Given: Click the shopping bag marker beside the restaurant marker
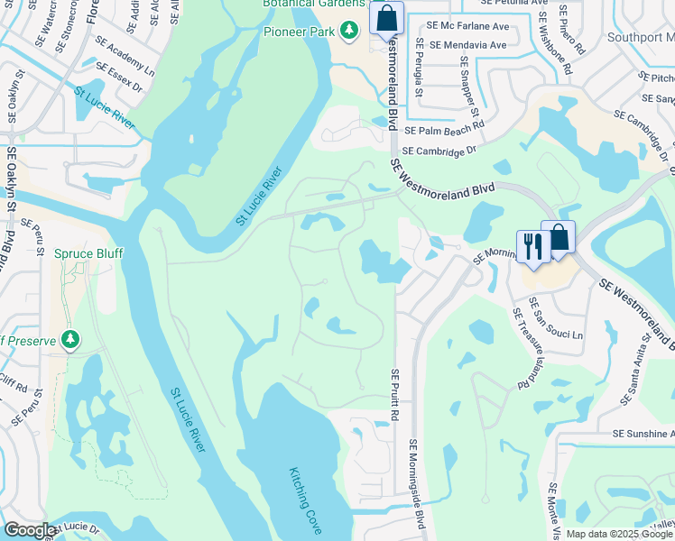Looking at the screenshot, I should [559, 238].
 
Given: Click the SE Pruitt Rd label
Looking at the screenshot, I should [394, 393].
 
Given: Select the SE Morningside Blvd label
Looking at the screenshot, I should [417, 484].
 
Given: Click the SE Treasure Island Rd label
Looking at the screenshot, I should [521, 348].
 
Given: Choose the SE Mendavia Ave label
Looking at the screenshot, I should [468, 44].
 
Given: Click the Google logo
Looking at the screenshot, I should [29, 530].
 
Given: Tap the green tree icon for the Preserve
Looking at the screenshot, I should [69, 340].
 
